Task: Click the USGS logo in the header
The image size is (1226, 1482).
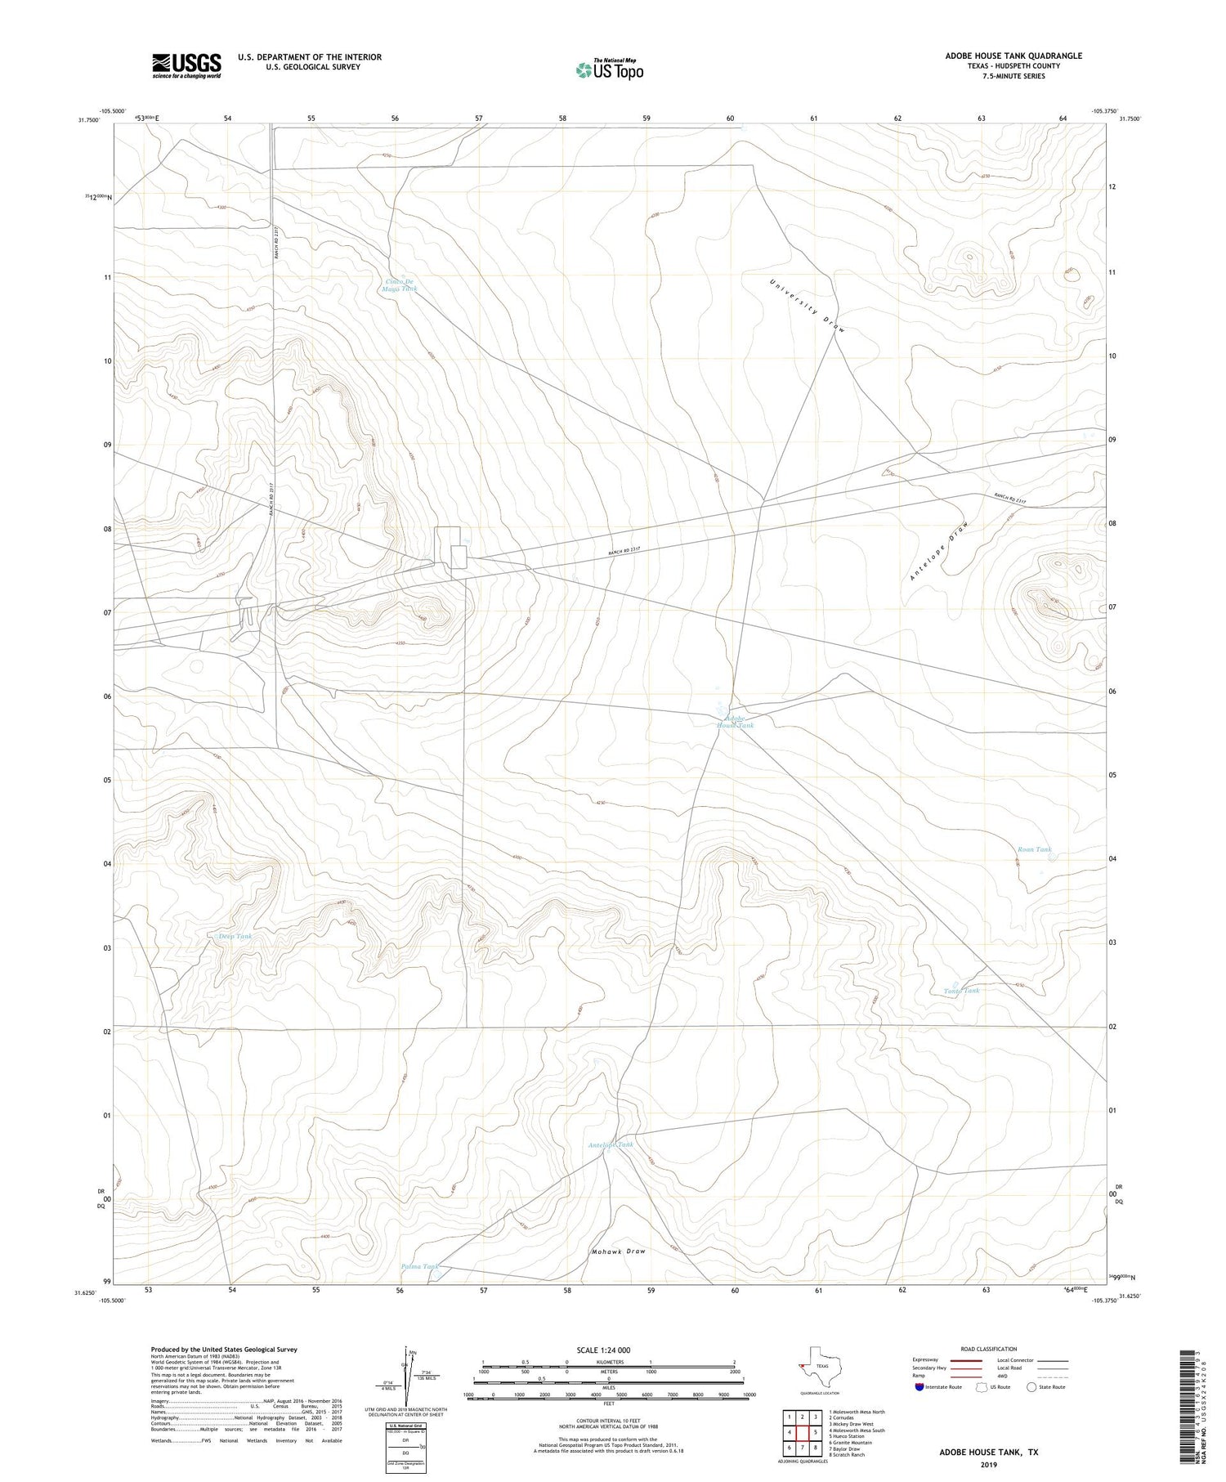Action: pyautogui.click(x=186, y=65)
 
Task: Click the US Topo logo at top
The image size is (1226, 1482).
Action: pyautogui.click(x=610, y=69)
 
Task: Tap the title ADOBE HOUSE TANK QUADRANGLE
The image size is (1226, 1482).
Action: pyautogui.click(x=1013, y=56)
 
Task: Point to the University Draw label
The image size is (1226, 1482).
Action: pyautogui.click(x=808, y=305)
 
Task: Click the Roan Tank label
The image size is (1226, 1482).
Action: pyautogui.click(x=1034, y=849)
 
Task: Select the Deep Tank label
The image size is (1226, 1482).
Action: pyautogui.click(x=235, y=936)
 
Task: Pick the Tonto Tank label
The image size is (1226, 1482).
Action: pyautogui.click(x=961, y=991)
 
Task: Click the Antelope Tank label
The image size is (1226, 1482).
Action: pyautogui.click(x=611, y=1145)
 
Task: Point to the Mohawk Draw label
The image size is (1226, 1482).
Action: pyautogui.click(x=618, y=1251)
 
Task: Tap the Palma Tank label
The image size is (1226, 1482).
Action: pyautogui.click(x=420, y=1266)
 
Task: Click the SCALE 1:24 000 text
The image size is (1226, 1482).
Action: pyautogui.click(x=603, y=1350)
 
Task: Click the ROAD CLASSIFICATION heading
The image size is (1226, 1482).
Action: pyautogui.click(x=988, y=1349)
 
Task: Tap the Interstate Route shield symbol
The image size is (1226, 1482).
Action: pyautogui.click(x=919, y=1386)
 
